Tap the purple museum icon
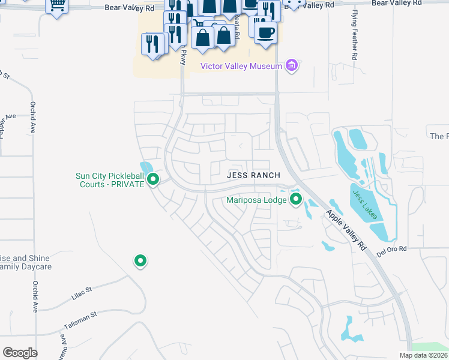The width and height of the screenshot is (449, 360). pos(292,65)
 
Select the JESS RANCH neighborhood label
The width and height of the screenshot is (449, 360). pos(253,175)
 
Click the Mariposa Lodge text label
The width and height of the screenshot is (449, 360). pos(256,200)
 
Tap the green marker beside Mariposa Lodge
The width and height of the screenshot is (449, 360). pos(295,199)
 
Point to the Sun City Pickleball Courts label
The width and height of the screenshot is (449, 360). pos(110,180)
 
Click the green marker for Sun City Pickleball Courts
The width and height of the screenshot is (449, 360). pos(153,179)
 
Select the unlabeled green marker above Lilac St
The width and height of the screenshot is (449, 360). pos(140,260)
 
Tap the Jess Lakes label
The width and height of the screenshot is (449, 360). pos(366,205)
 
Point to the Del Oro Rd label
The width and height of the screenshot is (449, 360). pos(391,249)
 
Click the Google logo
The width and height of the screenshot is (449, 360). pos(20,353)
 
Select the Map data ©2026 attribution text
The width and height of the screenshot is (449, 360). pos(423,355)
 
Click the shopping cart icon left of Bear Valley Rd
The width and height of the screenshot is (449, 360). pos(56,6)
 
